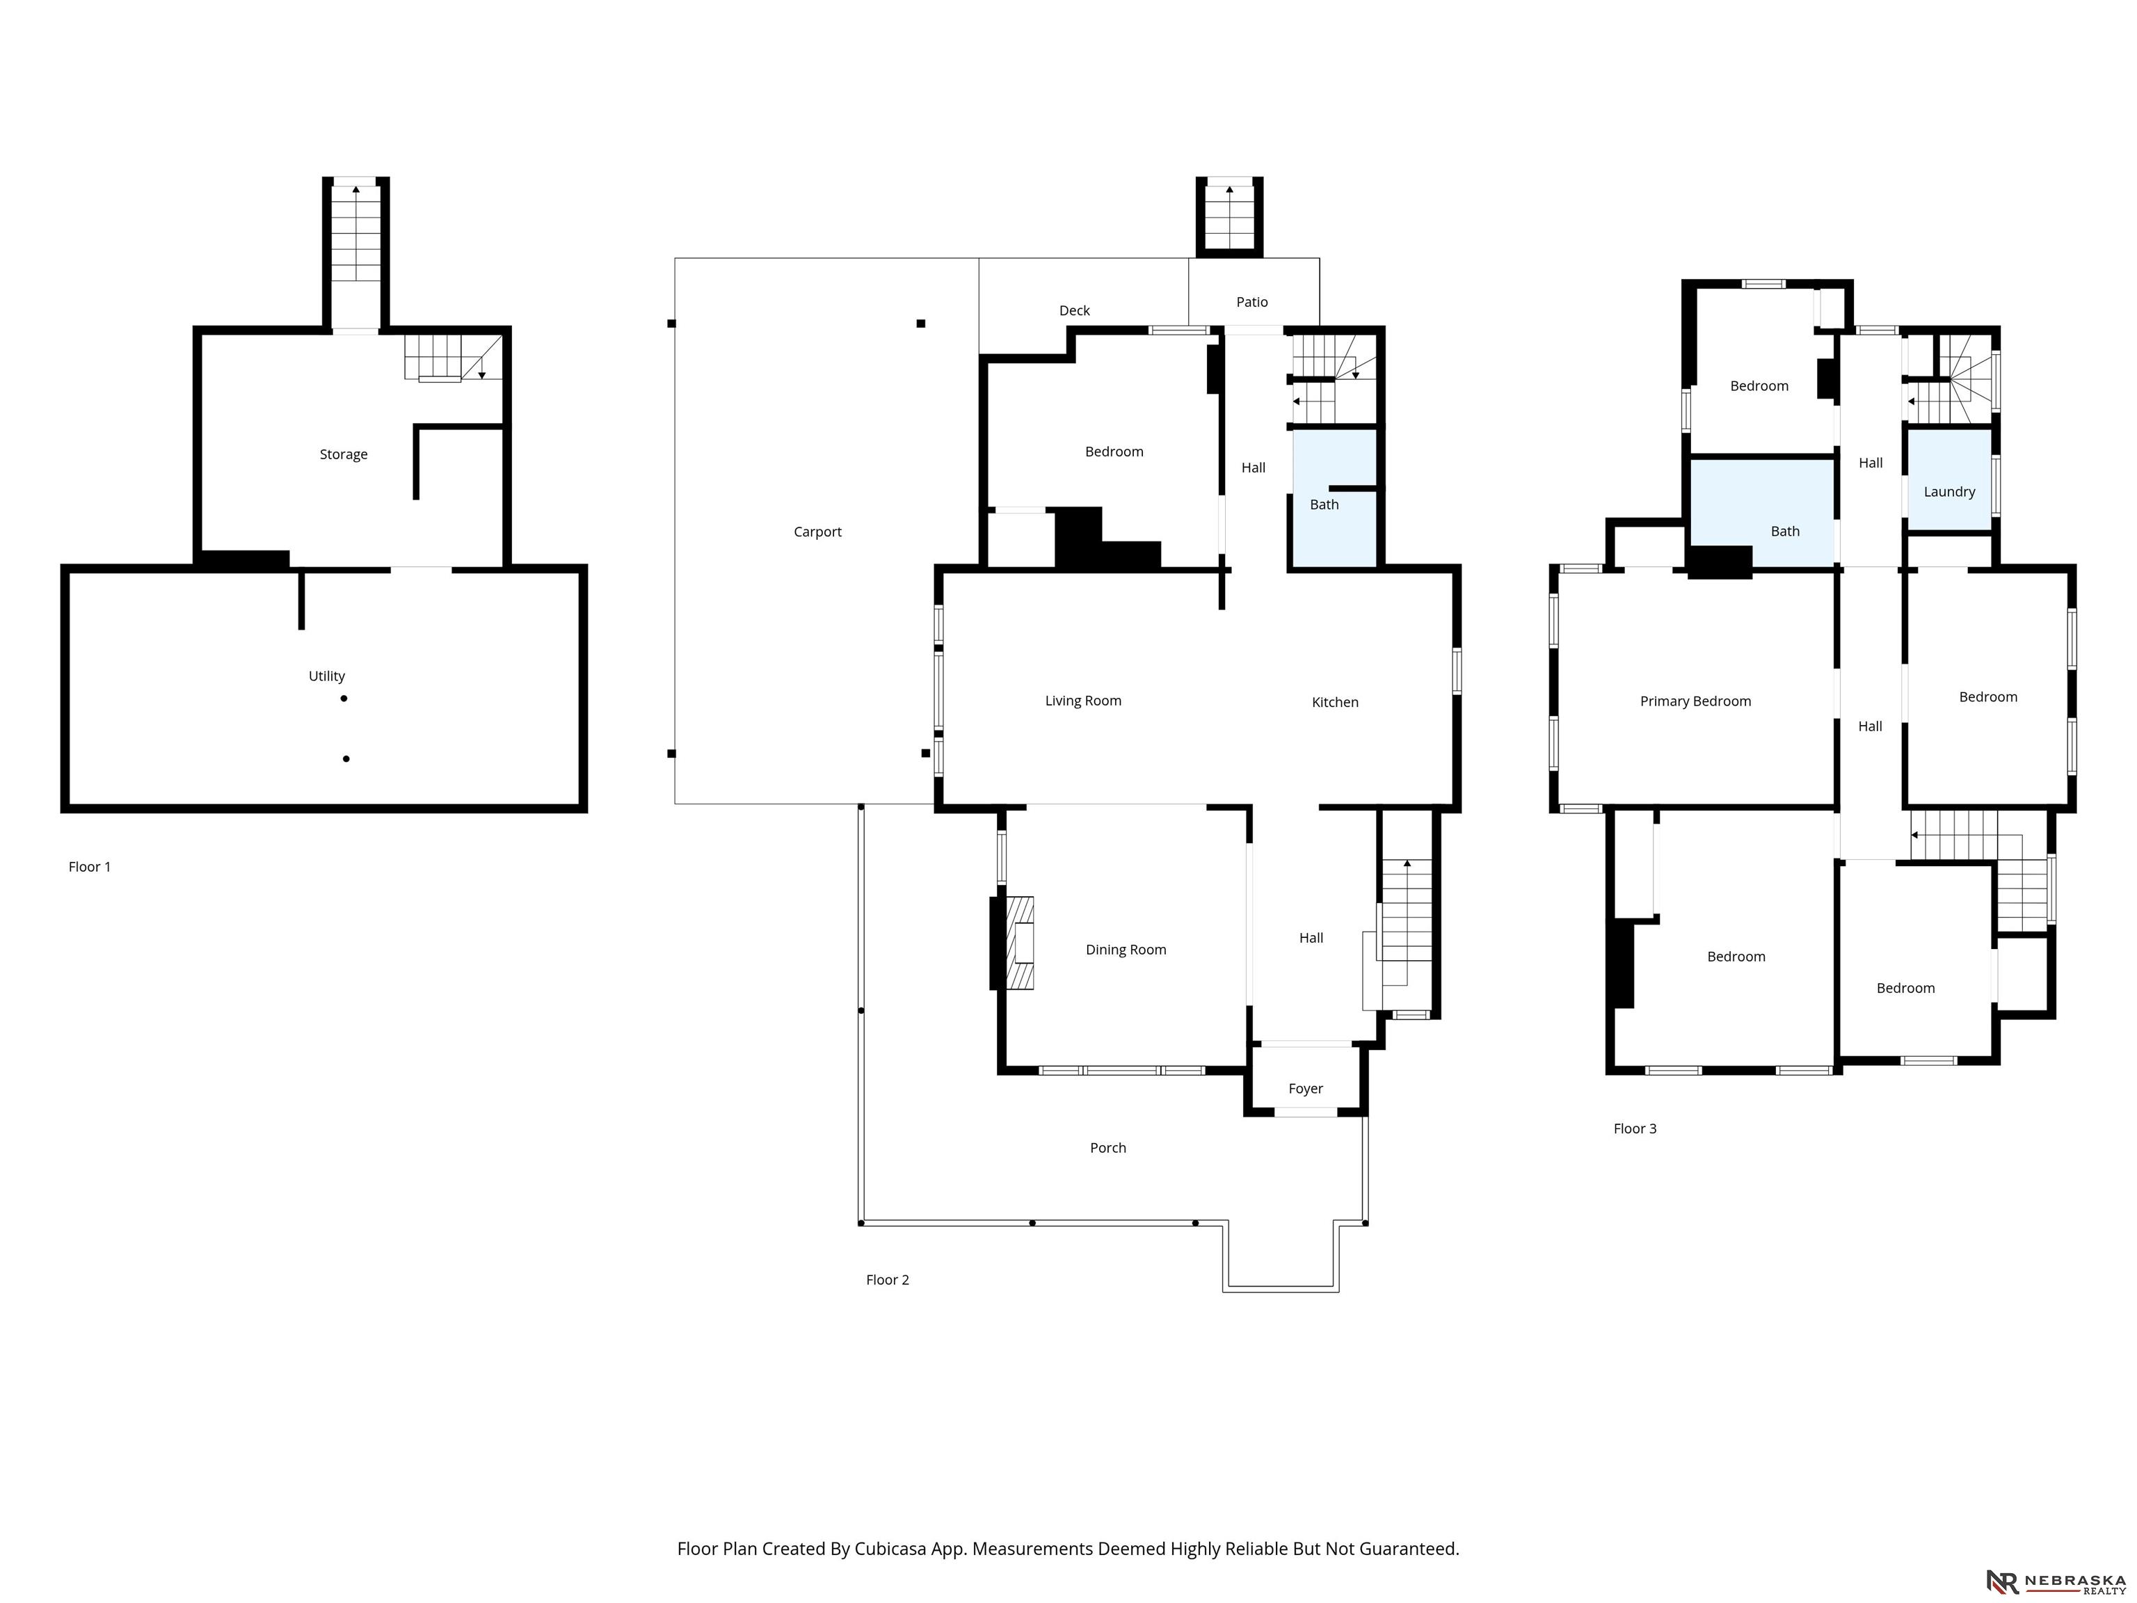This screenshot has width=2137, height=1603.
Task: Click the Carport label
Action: point(817,532)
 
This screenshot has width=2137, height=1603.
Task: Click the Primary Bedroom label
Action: point(1695,701)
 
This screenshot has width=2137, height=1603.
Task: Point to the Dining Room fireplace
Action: point(1021,943)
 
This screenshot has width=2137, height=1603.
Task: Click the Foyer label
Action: point(1305,1089)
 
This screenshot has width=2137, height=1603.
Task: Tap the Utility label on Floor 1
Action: point(326,676)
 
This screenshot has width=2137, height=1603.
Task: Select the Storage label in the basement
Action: point(343,454)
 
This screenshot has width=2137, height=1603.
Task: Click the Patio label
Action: point(1252,303)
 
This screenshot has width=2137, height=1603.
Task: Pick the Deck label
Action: point(1074,310)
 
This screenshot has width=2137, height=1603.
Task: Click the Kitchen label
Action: point(1335,703)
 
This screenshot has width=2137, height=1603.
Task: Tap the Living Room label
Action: point(1083,701)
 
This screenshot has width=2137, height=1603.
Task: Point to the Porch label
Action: point(1108,1148)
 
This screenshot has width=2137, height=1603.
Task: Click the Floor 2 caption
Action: point(887,1280)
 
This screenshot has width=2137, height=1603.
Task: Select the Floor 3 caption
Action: point(1635,1129)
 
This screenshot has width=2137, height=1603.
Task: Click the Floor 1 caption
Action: point(90,867)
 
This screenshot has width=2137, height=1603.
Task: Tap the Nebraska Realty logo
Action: point(2056,1581)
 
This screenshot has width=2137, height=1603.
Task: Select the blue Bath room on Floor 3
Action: point(1762,512)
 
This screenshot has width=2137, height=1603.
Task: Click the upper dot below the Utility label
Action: point(344,699)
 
